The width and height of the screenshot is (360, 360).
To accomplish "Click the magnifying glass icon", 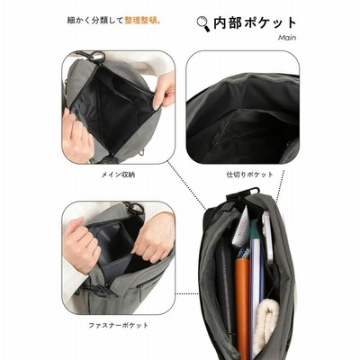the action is point(203,24).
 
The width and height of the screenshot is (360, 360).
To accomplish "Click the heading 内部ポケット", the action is point(255,23).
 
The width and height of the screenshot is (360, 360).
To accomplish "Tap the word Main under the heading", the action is point(287,38).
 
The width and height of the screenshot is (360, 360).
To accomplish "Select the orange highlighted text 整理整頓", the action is point(141,21).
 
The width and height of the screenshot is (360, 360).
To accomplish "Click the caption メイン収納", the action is point(118,175).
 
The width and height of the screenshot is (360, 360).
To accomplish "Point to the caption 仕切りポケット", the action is point(250,175).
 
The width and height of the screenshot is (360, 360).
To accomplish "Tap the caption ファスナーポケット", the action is point(119,325).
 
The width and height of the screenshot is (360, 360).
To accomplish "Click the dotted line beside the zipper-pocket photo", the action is point(186,293).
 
